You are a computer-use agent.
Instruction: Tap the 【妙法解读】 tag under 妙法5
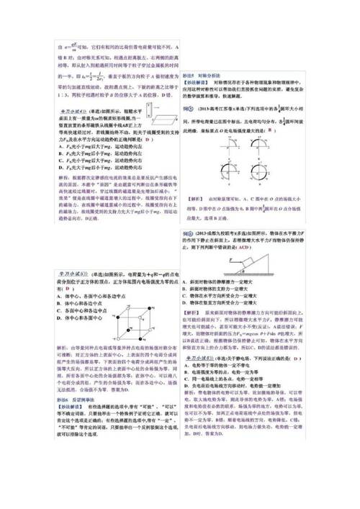tap(198, 84)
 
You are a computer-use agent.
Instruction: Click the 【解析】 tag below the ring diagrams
tap(197, 197)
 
